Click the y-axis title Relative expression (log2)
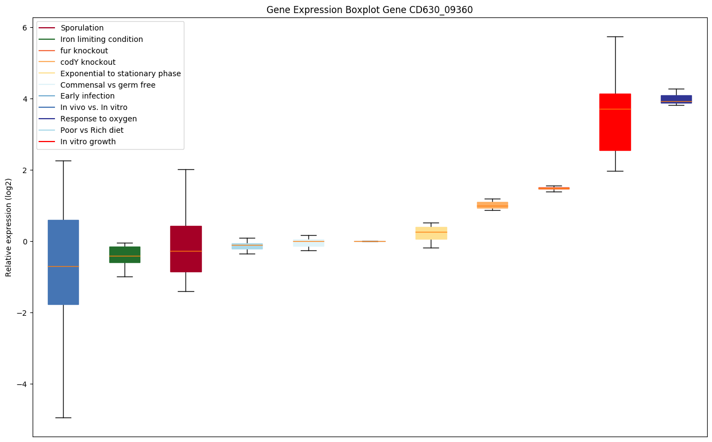coord(9,228)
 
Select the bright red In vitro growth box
coord(615,122)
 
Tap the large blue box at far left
coord(63,262)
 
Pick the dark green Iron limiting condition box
coord(125,255)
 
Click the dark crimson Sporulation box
coord(185,249)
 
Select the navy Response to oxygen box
coord(676,99)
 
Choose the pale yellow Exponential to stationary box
coord(431,233)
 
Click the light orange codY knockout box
coord(492,205)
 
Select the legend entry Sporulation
coord(82,28)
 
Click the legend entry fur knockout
coord(84,51)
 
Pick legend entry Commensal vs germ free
coord(108,85)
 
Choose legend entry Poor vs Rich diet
coord(92,130)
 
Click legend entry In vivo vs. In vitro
coord(94,107)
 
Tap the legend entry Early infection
coord(88,96)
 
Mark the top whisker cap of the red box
coord(615,36)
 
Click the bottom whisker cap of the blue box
coord(63,418)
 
